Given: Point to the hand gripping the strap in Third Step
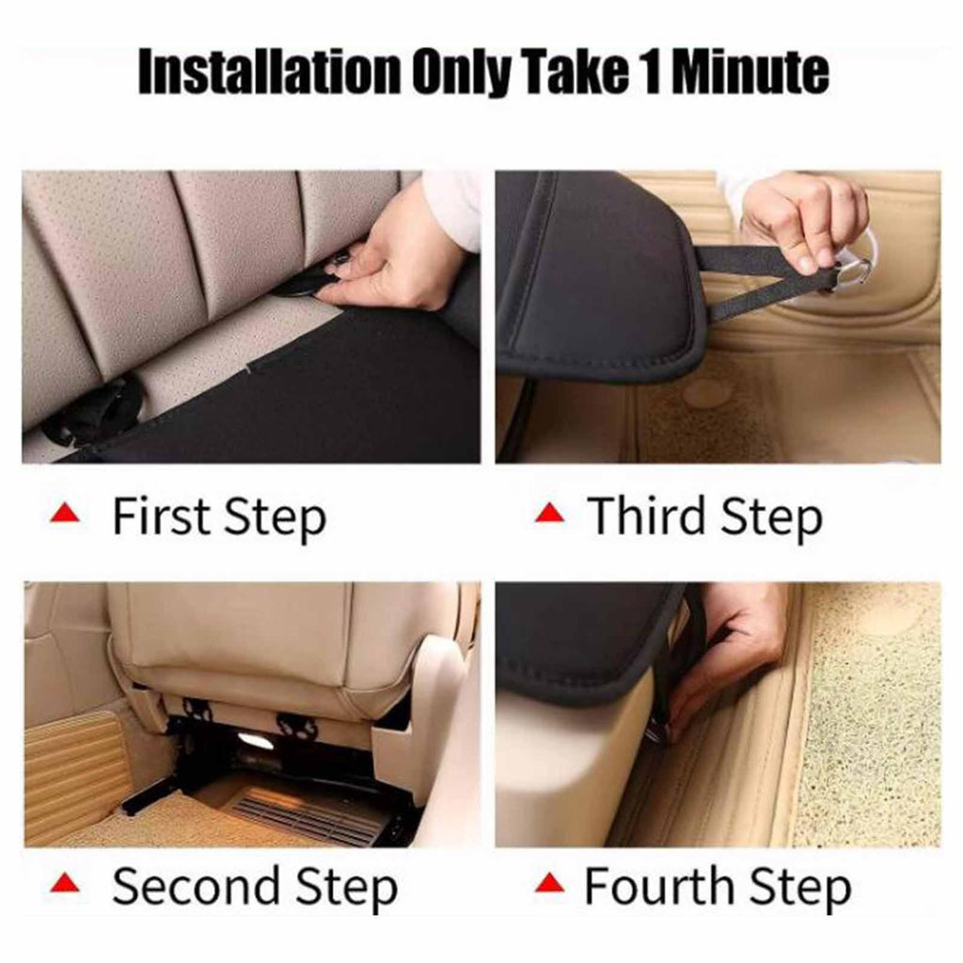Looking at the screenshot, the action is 805,224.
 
